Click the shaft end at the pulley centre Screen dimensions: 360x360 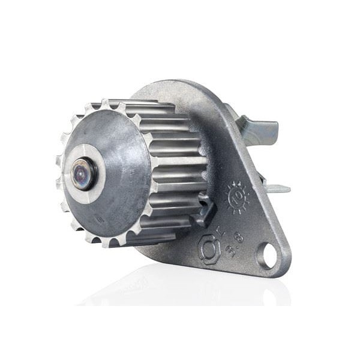(81, 175)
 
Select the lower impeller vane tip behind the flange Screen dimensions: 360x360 (276, 188)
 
